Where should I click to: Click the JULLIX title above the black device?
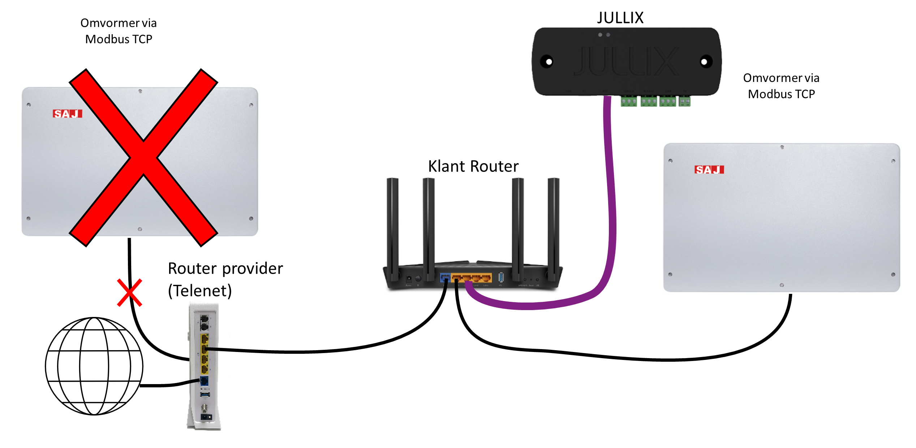click(620, 18)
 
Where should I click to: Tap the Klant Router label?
click(473, 166)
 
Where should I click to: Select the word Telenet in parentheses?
click(200, 291)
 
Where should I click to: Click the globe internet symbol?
click(94, 366)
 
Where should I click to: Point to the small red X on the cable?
click(129, 292)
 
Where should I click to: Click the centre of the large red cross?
click(143, 158)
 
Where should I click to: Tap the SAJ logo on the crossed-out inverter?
click(68, 114)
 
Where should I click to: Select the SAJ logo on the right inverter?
click(709, 170)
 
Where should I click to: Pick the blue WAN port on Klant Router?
click(445, 278)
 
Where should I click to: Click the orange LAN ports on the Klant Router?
click(472, 278)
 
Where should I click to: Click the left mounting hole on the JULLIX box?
click(548, 62)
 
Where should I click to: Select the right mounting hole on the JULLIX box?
click(704, 62)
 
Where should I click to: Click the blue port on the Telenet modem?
click(204, 381)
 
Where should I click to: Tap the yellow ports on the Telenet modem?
click(205, 354)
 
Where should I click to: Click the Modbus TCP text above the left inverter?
click(119, 39)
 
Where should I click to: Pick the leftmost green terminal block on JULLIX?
click(629, 101)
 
